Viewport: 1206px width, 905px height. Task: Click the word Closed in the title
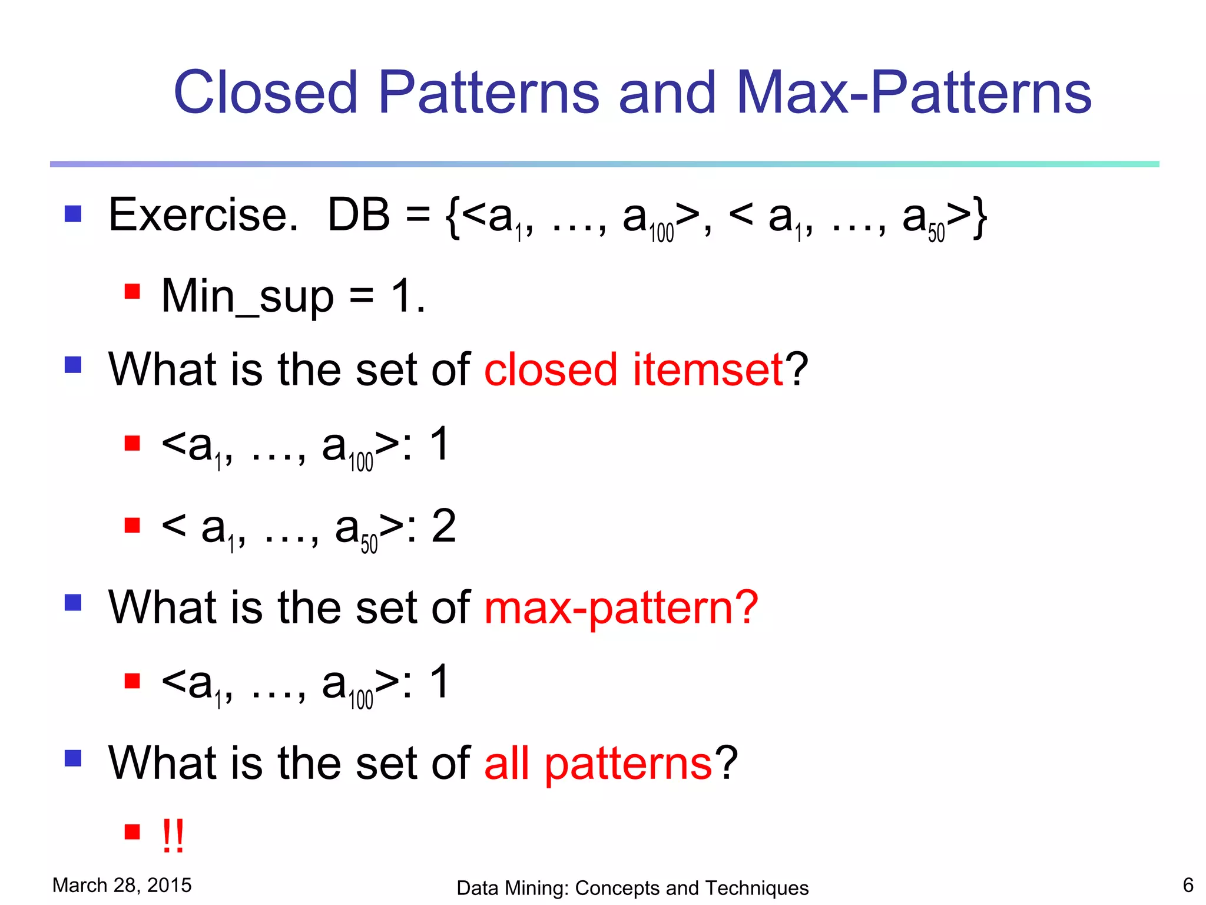[x=266, y=93]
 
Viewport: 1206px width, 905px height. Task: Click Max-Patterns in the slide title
[x=914, y=93]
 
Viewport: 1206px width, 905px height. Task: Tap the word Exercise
[x=203, y=215]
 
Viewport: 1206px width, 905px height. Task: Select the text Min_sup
[x=247, y=296]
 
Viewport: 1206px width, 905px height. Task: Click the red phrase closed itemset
[x=634, y=370]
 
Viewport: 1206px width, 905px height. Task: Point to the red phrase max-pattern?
[x=621, y=608]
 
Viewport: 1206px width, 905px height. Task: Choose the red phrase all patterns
[x=598, y=764]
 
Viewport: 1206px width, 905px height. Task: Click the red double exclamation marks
[x=173, y=835]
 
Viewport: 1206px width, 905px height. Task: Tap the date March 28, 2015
[x=122, y=885]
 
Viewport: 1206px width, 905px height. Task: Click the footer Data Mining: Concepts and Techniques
[x=632, y=888]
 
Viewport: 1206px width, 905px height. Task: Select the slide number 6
[x=1188, y=885]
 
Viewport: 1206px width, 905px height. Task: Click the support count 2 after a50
[x=444, y=526]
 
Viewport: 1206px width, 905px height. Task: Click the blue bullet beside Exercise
[x=73, y=213]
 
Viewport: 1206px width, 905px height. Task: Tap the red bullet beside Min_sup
[x=132, y=292]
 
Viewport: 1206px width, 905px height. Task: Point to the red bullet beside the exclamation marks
[x=132, y=832]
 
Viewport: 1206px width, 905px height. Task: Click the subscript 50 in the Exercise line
[x=936, y=233]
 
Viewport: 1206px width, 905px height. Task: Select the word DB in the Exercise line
[x=359, y=215]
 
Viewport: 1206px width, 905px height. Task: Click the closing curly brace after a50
[x=979, y=217]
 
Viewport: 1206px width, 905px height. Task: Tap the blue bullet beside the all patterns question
[x=73, y=758]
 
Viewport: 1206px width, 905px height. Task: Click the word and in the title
[x=667, y=93]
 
